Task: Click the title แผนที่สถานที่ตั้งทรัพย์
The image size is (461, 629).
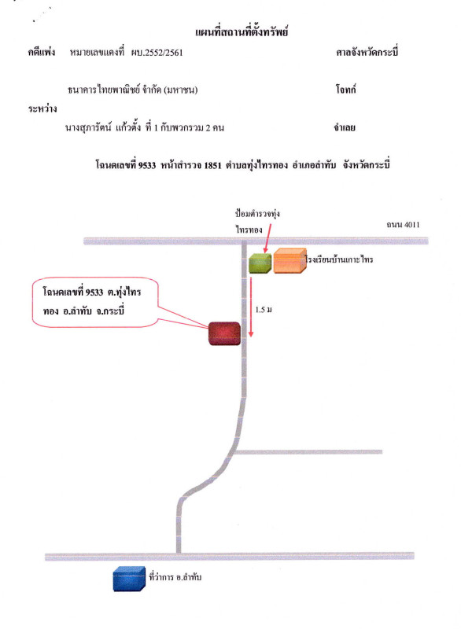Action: tap(242, 31)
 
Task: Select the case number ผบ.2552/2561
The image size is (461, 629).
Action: tap(157, 53)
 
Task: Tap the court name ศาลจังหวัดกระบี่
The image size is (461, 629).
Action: tap(367, 52)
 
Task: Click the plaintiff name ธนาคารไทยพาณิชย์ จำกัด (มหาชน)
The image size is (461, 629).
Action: tap(133, 90)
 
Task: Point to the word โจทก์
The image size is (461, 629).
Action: tap(346, 89)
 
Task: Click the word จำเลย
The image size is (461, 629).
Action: tap(345, 127)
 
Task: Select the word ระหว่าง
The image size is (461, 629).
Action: tap(42, 109)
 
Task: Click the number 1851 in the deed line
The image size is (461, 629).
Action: tap(212, 165)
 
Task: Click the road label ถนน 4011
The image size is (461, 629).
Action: tap(404, 225)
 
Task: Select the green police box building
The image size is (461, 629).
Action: tap(260, 263)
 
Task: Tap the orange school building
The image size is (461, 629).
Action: tap(290, 261)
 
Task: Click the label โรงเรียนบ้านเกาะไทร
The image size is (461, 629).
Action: tap(339, 259)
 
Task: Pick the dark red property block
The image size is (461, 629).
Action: tap(224, 333)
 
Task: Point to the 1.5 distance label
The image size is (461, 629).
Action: tap(264, 310)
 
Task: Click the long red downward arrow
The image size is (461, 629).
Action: tap(251, 307)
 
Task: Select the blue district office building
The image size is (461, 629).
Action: tap(129, 579)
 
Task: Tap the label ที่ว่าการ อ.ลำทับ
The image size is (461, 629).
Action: tap(175, 577)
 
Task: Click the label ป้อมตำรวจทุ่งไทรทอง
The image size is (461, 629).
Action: tap(257, 222)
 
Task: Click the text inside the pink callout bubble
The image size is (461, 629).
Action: tap(92, 301)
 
